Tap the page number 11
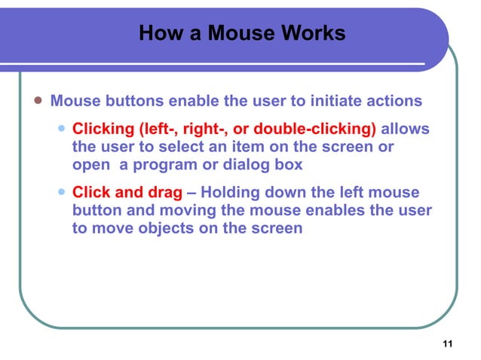[x=448, y=345]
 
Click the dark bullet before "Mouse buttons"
[x=36, y=101]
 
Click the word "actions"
[x=394, y=101]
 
